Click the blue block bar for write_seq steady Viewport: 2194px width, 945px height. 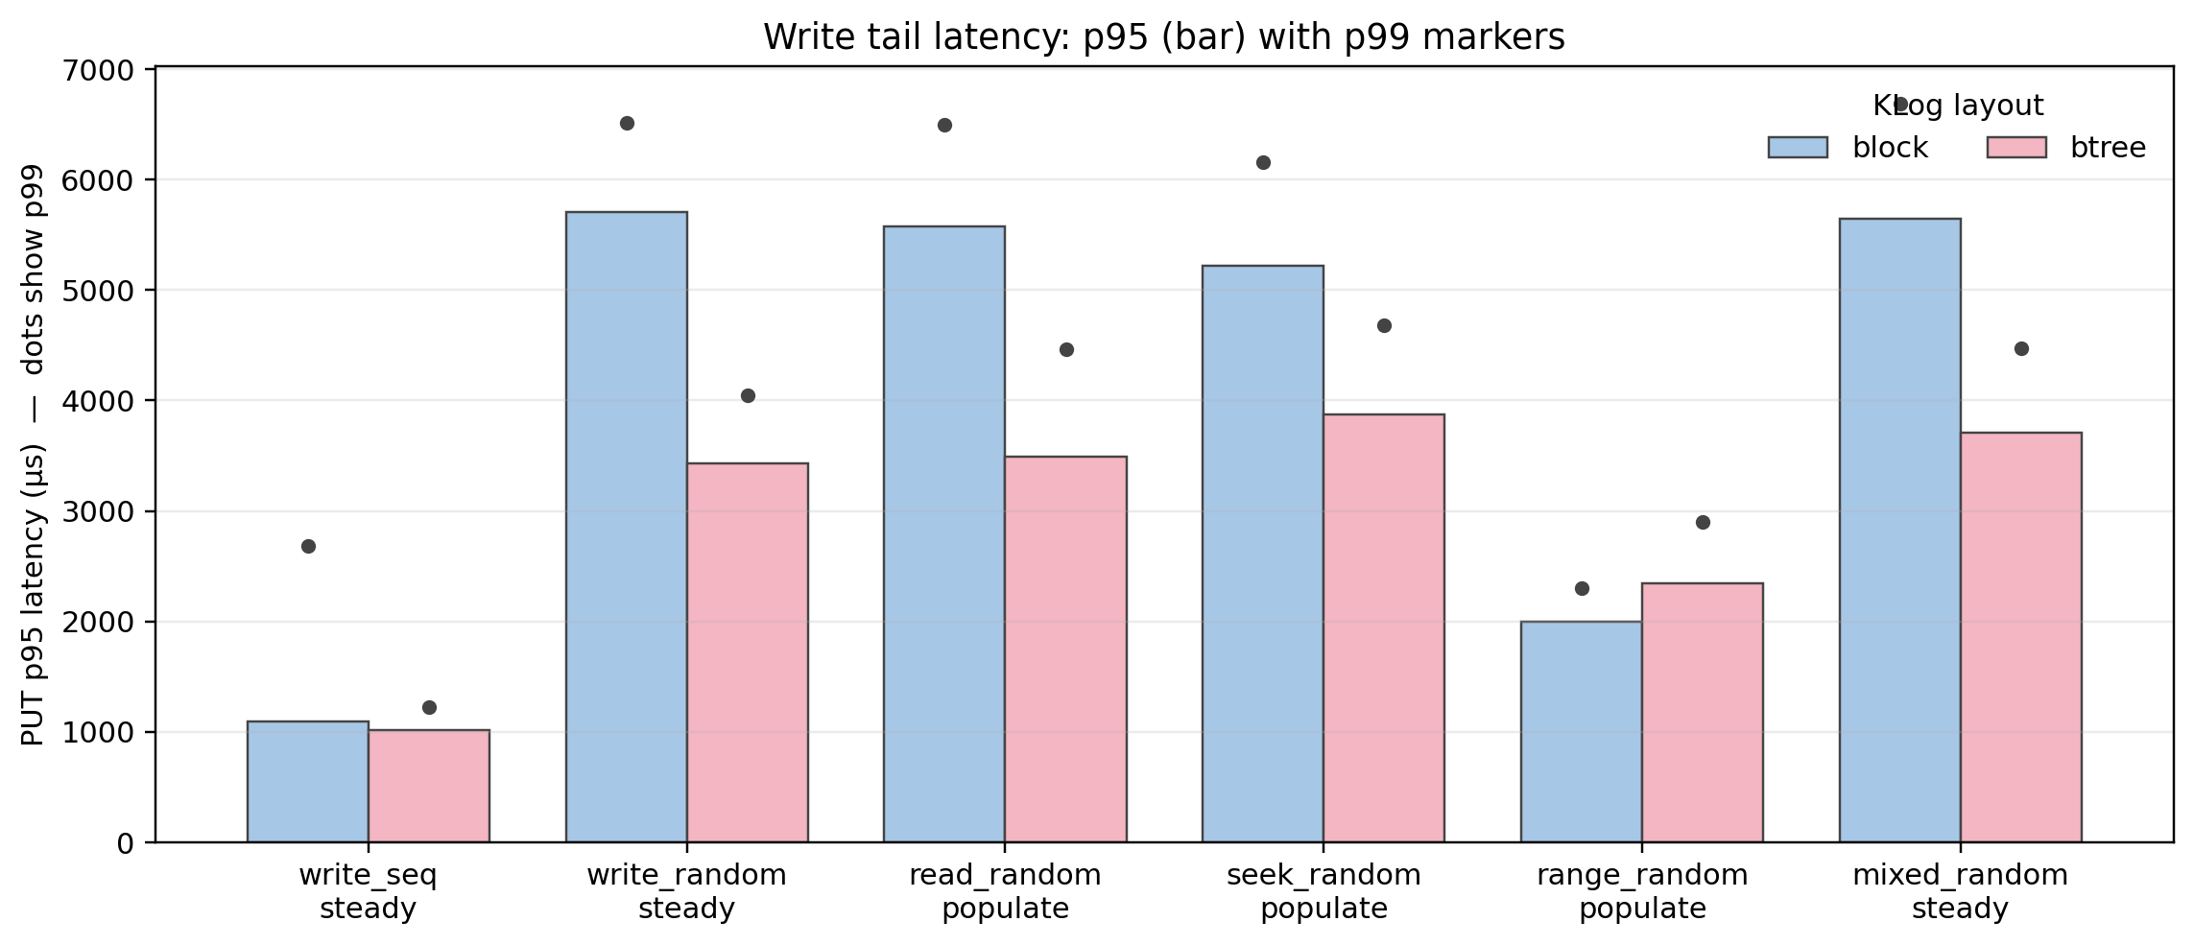[x=307, y=782]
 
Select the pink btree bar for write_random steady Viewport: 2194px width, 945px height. [x=747, y=652]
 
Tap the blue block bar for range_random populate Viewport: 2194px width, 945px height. [x=1581, y=732]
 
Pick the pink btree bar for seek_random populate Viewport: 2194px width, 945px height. [x=1383, y=628]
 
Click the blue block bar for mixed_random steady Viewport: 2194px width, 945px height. [x=1899, y=531]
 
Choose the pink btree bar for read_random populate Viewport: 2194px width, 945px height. [x=1065, y=650]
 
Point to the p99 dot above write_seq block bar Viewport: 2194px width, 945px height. [x=308, y=547]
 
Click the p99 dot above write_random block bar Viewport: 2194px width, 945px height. [x=627, y=124]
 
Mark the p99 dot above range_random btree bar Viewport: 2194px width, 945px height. [x=1703, y=523]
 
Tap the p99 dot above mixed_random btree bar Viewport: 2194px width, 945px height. [x=2021, y=349]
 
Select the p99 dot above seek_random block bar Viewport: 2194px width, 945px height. [x=1263, y=163]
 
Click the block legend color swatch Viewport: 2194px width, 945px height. [x=1798, y=148]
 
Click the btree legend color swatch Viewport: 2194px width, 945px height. [x=2016, y=148]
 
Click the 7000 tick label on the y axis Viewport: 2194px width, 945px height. [x=97, y=70]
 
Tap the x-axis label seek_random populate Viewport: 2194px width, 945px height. [x=1324, y=891]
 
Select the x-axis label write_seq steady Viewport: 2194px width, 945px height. [x=368, y=891]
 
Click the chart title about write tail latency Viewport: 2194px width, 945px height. [x=1163, y=37]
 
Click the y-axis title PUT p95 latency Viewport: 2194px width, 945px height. [x=33, y=455]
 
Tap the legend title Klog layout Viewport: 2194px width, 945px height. [x=1958, y=106]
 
